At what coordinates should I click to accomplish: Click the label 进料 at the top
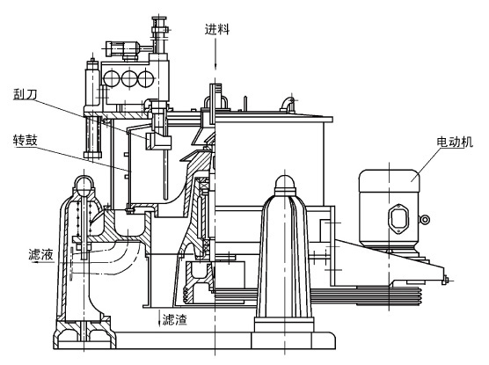pos(217,29)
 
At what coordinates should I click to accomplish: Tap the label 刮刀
pos(25,93)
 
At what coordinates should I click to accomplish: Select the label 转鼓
pos(25,140)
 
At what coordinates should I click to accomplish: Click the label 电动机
pos(455,142)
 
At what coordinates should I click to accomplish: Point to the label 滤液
pos(40,254)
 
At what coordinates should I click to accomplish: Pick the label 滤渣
pos(175,319)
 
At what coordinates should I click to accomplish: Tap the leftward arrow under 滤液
pos(43,262)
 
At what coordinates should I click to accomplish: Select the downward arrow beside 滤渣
pos(158,318)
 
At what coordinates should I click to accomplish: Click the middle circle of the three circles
pos(130,78)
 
